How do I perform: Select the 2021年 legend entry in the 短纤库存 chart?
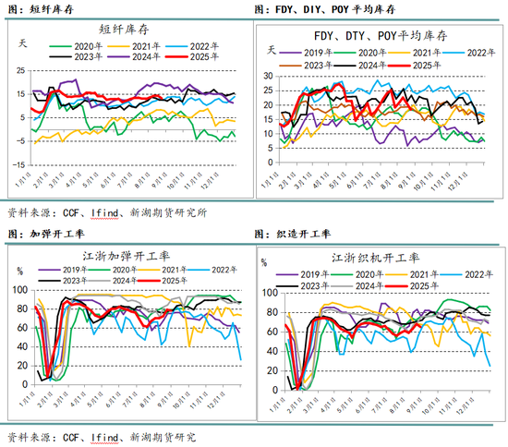pos(137,43)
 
